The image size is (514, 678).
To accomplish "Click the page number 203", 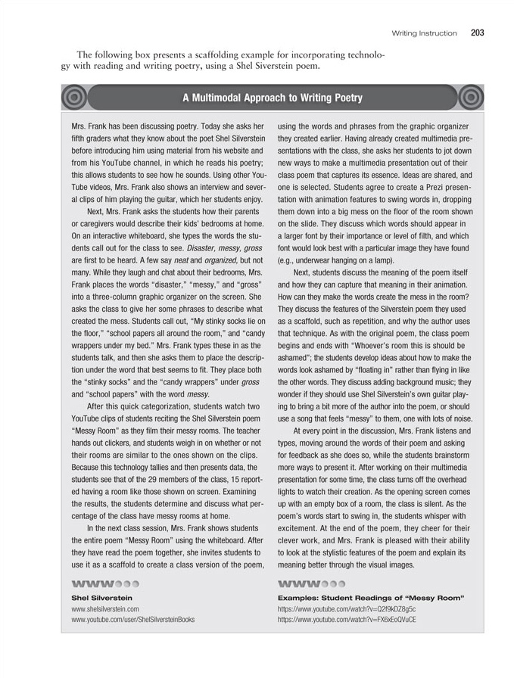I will point(477,33).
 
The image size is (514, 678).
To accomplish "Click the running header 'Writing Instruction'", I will point(424,33).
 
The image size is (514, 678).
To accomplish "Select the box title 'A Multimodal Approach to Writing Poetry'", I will point(272,98).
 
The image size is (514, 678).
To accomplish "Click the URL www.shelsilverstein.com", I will point(105,608).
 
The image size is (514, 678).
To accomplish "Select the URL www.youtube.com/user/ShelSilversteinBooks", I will point(132,619).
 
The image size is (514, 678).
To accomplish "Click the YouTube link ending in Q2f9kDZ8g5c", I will point(347,608).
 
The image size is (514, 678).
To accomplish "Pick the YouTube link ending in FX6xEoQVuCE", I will point(347,619).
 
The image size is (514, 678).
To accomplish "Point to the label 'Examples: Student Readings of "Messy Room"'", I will point(371,598).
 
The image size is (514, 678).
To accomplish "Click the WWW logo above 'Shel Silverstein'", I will point(104,584).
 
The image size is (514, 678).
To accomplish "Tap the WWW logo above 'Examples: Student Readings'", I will point(312,584).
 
